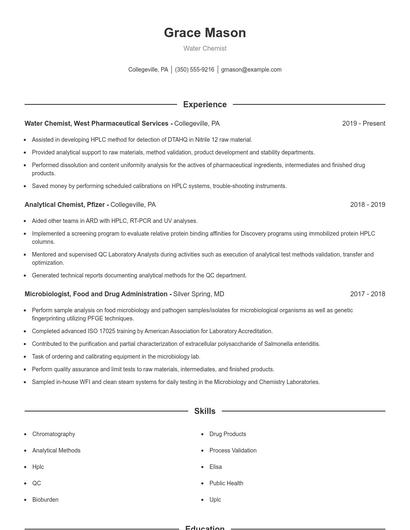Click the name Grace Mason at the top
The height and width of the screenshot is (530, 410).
(x=204, y=33)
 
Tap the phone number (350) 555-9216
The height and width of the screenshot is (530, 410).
(x=195, y=70)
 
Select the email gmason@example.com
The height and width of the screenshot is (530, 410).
(x=251, y=70)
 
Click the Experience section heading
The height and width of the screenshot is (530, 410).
(x=204, y=104)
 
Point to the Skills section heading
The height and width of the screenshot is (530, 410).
(x=204, y=411)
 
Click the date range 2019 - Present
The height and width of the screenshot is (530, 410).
(x=363, y=123)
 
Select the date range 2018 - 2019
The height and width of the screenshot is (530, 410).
(x=367, y=204)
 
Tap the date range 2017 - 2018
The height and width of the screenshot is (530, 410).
(x=367, y=294)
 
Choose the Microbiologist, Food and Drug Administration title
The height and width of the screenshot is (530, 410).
(x=96, y=294)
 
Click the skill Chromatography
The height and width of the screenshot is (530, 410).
(x=54, y=434)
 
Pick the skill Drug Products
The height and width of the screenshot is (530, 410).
(x=227, y=434)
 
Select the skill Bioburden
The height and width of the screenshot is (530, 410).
(x=45, y=498)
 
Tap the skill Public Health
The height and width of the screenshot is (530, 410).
(x=227, y=482)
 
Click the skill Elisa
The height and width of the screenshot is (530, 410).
(x=216, y=466)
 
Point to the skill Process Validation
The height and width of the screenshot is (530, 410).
(x=233, y=450)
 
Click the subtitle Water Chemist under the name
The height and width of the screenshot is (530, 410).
(x=204, y=48)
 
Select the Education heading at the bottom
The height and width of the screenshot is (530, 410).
(x=204, y=527)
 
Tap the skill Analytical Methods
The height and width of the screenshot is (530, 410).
(x=57, y=450)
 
